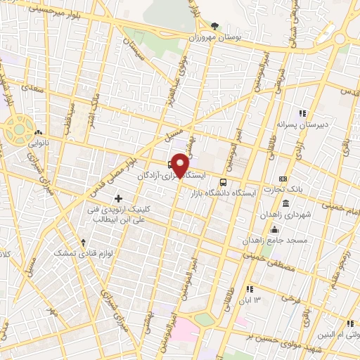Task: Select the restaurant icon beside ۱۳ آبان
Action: pos(250,289)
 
